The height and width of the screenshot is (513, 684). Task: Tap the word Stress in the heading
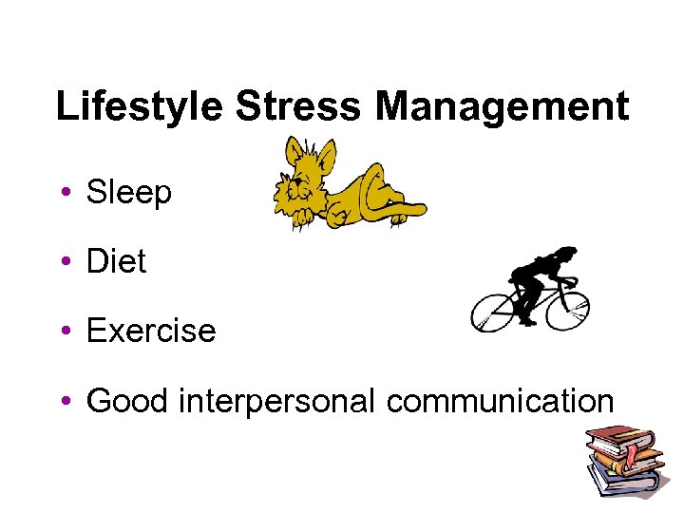tap(297, 106)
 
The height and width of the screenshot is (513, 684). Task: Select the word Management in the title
tap(502, 106)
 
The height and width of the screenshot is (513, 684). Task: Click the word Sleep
tap(129, 194)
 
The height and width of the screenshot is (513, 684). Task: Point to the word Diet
tap(116, 261)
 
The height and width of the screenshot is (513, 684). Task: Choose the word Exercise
tap(151, 331)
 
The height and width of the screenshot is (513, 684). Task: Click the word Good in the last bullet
tap(123, 401)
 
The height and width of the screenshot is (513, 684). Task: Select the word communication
tap(500, 401)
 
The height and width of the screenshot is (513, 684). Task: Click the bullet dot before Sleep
tap(65, 194)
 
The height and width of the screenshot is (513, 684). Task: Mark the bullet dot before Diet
tap(65, 262)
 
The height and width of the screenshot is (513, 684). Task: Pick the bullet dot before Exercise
tap(65, 332)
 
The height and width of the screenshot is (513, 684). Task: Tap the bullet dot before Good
tap(65, 401)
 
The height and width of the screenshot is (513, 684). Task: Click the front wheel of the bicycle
tap(566, 307)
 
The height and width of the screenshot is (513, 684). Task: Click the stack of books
tap(622, 461)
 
